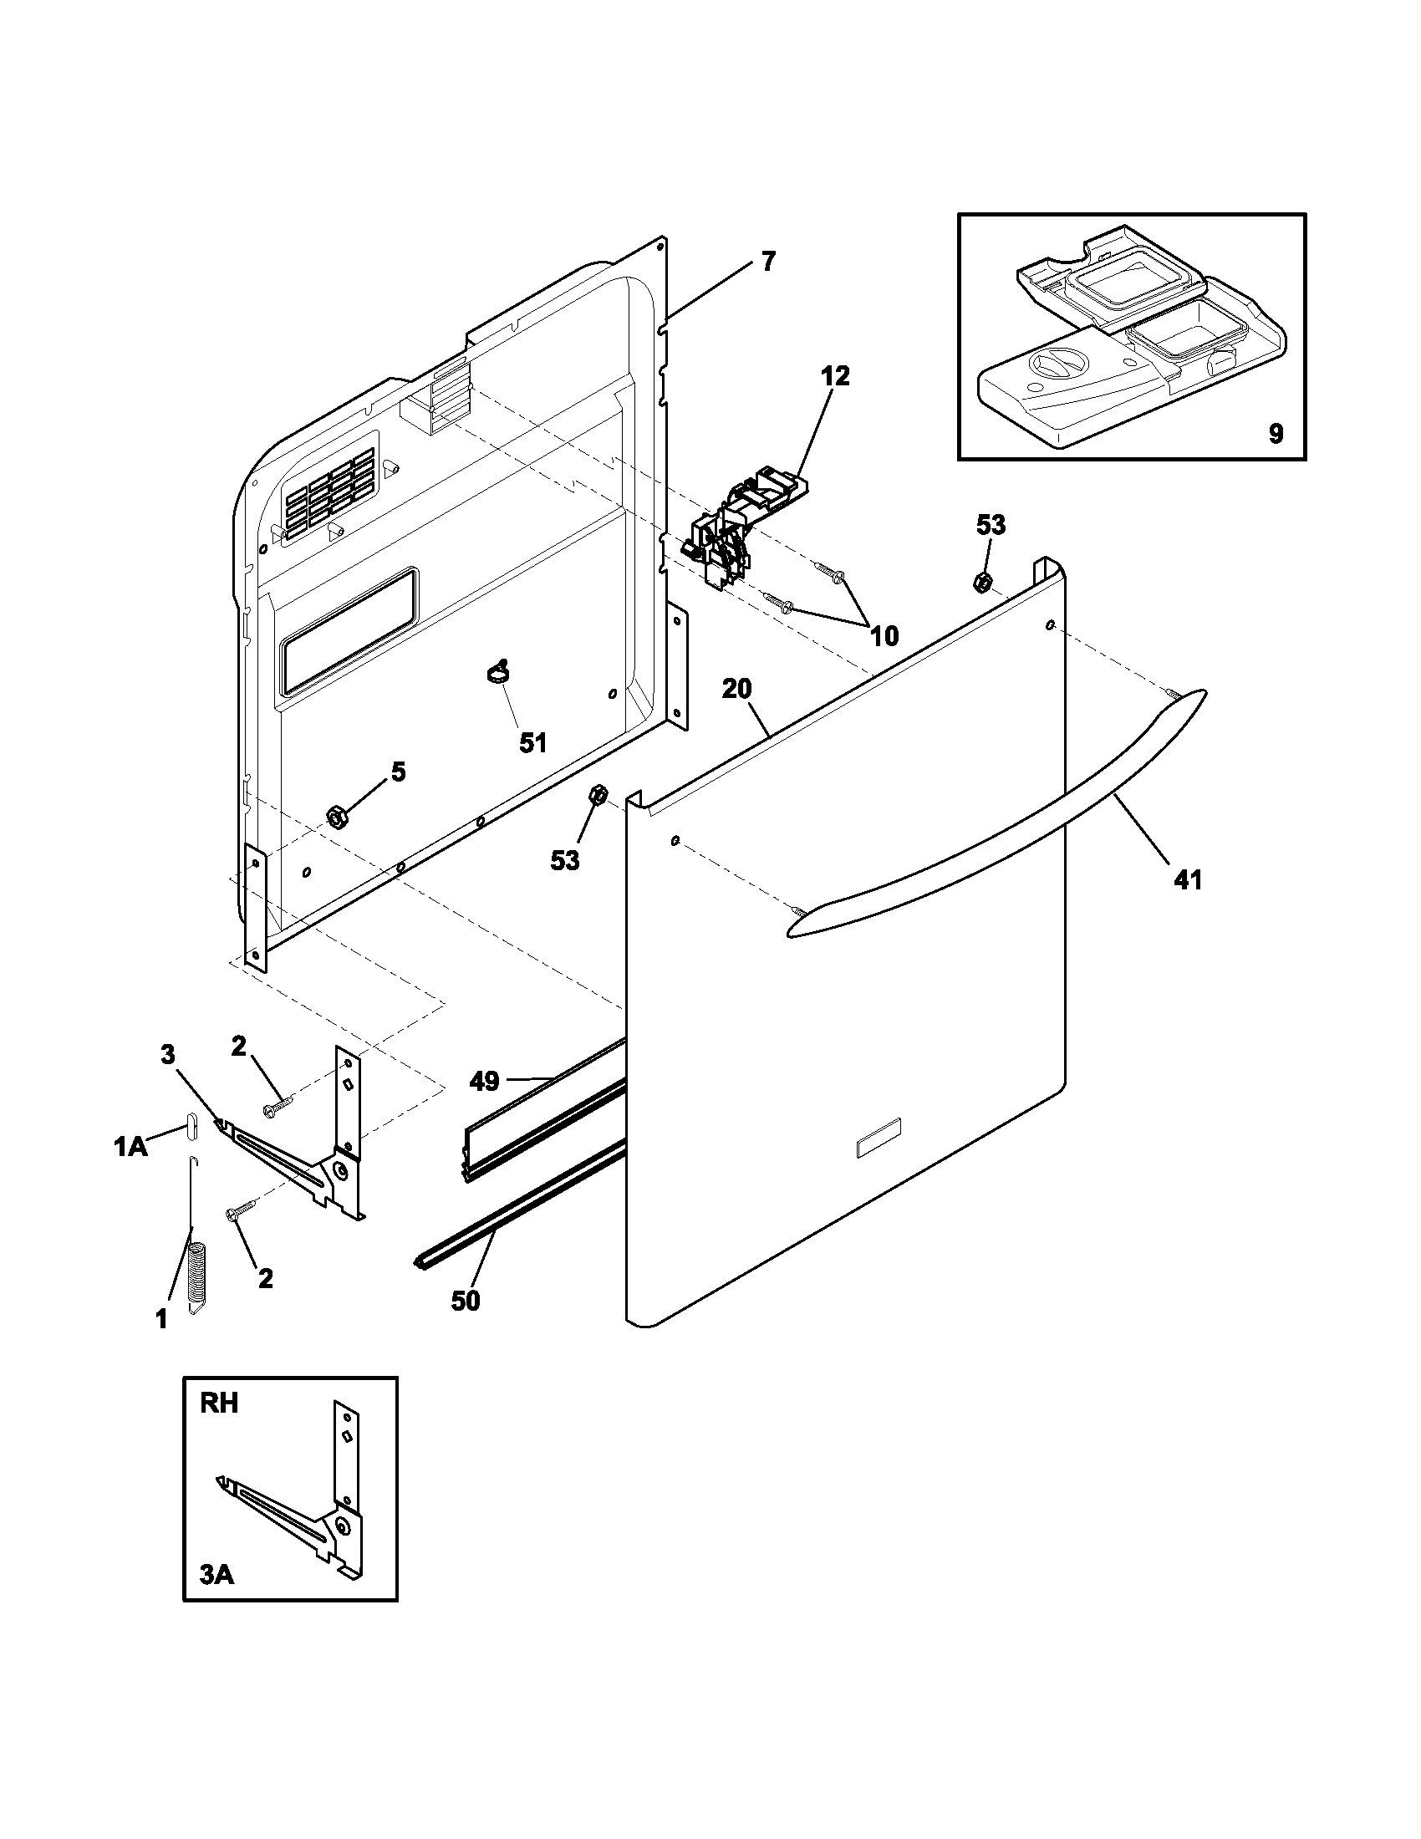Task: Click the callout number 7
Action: tap(767, 262)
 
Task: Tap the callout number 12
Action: tap(835, 375)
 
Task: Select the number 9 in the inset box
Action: tap(1276, 434)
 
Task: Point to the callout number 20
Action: tap(736, 689)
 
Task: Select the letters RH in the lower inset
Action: tap(219, 1403)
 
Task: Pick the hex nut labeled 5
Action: tap(337, 816)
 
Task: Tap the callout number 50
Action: tap(465, 1300)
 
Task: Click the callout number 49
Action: tap(485, 1081)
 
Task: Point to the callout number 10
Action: tap(884, 636)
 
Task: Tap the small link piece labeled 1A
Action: tap(191, 1125)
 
